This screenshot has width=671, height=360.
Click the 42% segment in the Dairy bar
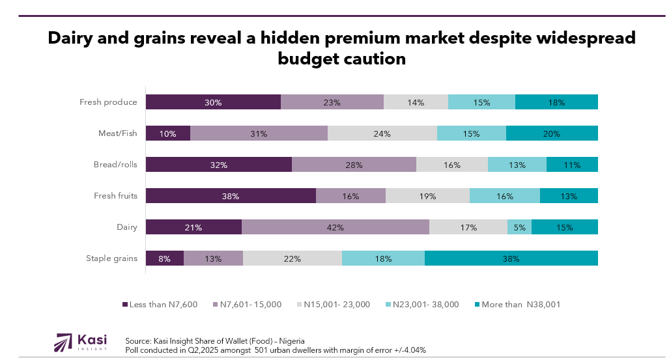pos(335,227)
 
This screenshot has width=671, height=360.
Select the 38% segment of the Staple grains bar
pos(511,258)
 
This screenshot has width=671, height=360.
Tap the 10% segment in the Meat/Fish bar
pos(167,133)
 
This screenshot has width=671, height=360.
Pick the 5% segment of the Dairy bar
pos(519,227)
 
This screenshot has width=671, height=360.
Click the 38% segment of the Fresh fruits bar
pos(231,196)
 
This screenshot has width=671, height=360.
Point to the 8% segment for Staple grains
pos(164,258)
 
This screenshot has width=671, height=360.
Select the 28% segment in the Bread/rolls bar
pos(354,165)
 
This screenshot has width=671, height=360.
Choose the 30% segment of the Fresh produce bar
pos(213,102)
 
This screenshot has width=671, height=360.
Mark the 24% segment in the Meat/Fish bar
pos(382,133)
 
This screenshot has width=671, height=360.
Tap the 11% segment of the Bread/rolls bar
pos(572,165)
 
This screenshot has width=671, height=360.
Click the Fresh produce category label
pos(108,102)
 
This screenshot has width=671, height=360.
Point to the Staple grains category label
pos(111,258)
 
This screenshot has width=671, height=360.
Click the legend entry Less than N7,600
pos(163,305)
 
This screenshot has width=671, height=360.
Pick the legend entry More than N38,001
pos(521,305)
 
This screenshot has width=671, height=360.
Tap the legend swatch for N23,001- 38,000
pos(388,305)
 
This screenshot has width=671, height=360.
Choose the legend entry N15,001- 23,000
pos(336,305)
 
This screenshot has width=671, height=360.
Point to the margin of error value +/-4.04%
pos(409,350)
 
